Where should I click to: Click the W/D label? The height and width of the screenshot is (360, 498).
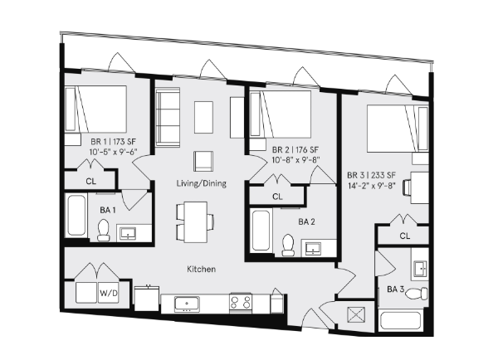coord(109,293)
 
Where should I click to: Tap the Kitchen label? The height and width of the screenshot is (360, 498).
coord(201,270)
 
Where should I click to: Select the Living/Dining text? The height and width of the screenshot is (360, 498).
coord(201,182)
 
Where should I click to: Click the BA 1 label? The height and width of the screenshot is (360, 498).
coord(108,211)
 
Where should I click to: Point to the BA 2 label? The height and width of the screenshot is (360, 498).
coord(307,221)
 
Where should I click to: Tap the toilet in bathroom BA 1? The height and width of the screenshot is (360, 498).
coord(104,231)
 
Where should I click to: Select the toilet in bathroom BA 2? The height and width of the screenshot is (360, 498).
coord(288,243)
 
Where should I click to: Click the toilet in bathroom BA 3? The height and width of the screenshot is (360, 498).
coord(422,291)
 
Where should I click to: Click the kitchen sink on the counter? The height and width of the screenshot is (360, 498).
coord(188,303)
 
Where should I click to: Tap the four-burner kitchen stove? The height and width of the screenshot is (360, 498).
coord(241,303)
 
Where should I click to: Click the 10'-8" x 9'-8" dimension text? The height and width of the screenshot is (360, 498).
coord(296,160)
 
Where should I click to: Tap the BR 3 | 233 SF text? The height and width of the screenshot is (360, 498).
coord(371,175)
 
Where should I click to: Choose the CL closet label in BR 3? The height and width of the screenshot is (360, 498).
coord(405,236)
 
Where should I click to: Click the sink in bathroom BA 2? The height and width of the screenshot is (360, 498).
coord(314,246)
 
